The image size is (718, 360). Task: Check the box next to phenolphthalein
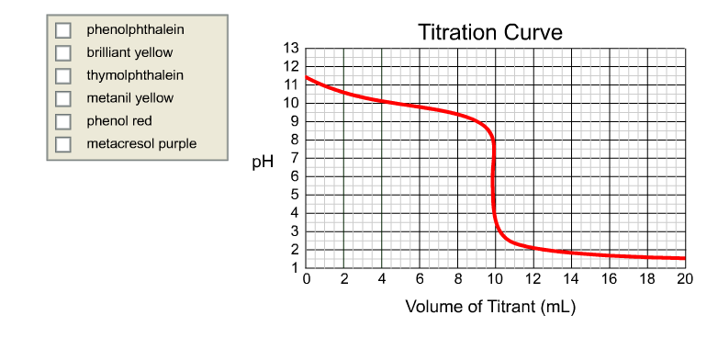[x=63, y=30]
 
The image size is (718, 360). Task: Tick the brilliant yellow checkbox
[x=63, y=53]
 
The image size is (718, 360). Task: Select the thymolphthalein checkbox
[x=63, y=75]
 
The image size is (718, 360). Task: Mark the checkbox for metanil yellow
[x=63, y=98]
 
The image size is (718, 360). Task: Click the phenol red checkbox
[x=63, y=121]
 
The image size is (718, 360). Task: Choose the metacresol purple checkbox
[x=63, y=144]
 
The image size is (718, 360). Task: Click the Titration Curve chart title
[x=490, y=32]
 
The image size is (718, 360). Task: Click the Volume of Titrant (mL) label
[x=490, y=306]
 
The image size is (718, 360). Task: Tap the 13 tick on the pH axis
[x=291, y=48]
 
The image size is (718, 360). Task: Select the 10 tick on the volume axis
[x=495, y=280]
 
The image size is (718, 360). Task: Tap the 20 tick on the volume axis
[x=684, y=280]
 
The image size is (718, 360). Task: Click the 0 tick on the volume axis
[x=306, y=280]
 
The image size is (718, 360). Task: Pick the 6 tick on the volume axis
[x=420, y=280]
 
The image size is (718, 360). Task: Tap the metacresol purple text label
[x=141, y=144]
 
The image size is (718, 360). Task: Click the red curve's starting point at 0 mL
[x=307, y=77]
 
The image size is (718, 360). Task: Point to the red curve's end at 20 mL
[x=684, y=258]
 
